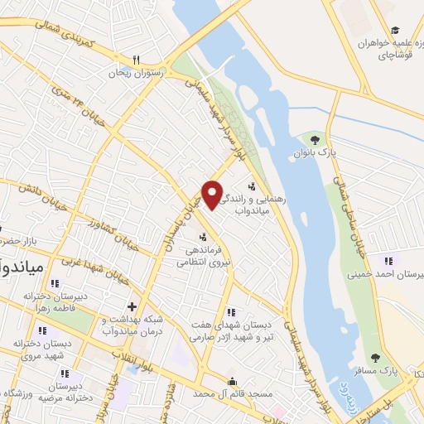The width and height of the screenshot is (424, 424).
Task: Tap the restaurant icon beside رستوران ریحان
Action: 137,59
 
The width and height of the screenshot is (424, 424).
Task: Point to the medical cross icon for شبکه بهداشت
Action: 132,307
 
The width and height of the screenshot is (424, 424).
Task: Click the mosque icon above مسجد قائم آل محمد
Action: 232,381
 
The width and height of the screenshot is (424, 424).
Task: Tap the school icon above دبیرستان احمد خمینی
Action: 382,260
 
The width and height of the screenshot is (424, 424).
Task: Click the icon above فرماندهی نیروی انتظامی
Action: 202,237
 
